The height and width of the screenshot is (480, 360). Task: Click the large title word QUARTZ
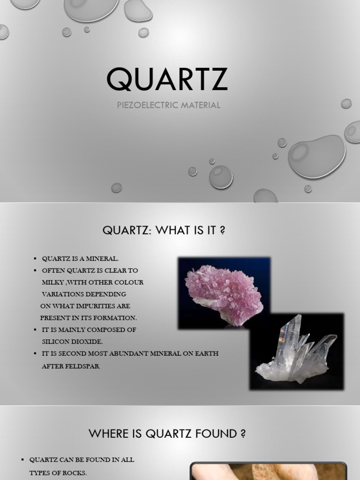coord(167,79)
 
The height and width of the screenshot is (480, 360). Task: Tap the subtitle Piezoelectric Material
coord(168,105)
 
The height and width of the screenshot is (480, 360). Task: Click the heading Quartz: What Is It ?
coord(164,231)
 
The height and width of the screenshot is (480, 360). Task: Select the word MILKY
coord(52,282)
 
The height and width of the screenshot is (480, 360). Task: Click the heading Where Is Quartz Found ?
coord(167,434)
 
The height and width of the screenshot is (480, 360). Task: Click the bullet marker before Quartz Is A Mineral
coord(35,259)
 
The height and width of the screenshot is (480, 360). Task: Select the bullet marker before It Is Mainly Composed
coord(35,330)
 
